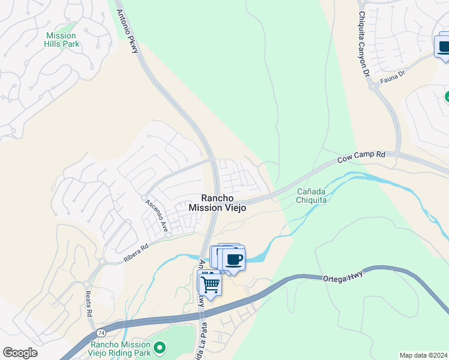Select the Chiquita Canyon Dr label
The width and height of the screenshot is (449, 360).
point(363,44)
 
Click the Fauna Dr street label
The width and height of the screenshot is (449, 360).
point(393,79)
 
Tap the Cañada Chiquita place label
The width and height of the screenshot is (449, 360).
point(312,196)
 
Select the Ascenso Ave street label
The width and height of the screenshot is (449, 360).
point(156,215)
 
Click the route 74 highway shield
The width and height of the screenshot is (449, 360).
point(100,332)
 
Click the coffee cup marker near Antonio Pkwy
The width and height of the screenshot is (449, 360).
point(234,259)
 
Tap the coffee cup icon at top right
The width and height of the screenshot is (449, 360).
point(444,47)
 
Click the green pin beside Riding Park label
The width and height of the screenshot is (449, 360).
point(160,347)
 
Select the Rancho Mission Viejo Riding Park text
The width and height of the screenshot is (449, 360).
point(120,349)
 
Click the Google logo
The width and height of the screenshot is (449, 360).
point(20,353)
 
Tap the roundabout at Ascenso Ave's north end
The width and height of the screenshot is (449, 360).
point(144,197)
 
